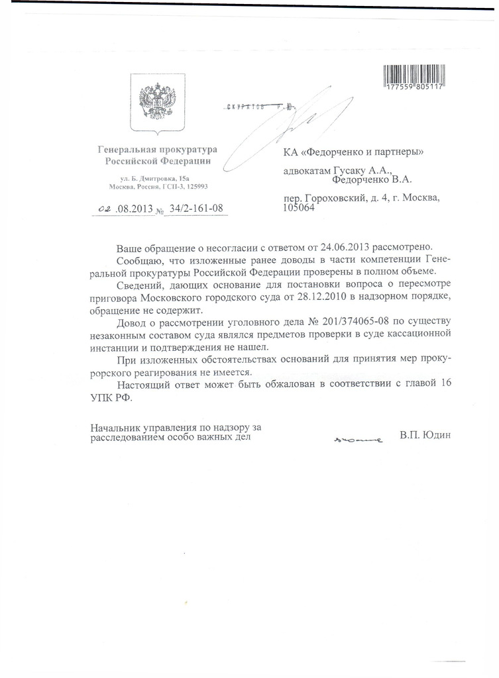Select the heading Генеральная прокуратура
157,150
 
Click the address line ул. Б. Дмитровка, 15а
154,179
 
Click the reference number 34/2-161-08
196,209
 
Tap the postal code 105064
298,207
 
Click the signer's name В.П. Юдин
425,436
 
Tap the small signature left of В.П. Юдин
358,439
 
